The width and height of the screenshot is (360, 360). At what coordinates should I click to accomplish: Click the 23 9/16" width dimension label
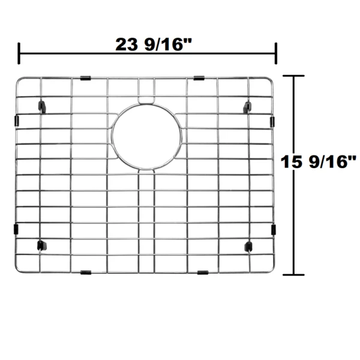153,44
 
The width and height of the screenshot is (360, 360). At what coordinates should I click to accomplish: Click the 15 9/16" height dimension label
319,161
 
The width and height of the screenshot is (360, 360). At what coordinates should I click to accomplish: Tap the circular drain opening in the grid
147,137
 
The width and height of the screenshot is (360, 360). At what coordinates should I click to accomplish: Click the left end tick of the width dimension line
19,53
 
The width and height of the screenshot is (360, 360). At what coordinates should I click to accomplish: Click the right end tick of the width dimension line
276,53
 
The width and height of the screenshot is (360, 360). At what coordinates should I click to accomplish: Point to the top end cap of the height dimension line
293,76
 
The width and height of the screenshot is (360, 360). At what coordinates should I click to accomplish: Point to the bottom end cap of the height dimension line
293,275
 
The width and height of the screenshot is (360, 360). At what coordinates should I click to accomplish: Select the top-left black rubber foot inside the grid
42,106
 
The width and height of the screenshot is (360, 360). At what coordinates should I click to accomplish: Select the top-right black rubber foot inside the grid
247,107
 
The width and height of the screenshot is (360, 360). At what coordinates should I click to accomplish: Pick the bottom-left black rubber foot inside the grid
41,245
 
